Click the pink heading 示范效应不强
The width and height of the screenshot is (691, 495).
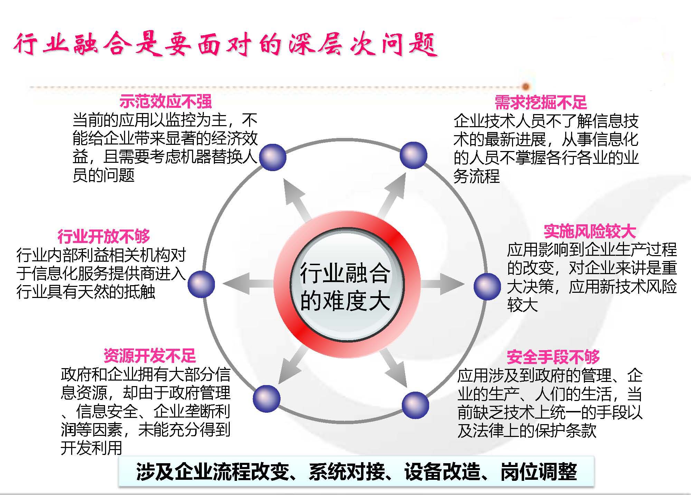(x=165, y=102)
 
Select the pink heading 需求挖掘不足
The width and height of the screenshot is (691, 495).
(x=541, y=102)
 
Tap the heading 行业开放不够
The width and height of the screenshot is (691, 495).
(x=104, y=236)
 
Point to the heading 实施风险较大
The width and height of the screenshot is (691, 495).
(x=590, y=232)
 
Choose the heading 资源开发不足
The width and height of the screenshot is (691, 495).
(x=150, y=355)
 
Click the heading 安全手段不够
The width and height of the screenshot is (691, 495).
(x=553, y=357)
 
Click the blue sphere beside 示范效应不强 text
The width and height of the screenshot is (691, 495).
(x=273, y=157)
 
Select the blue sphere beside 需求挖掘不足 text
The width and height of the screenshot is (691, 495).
(x=414, y=155)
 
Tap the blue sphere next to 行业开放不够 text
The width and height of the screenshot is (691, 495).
(x=201, y=284)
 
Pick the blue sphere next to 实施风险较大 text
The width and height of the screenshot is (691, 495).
(x=487, y=286)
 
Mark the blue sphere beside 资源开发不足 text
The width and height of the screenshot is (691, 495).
(x=267, y=399)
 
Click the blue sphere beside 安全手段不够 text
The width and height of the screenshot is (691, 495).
(x=415, y=405)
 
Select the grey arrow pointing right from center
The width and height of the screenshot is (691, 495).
(x=442, y=284)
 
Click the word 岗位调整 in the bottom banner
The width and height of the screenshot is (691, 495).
(x=539, y=471)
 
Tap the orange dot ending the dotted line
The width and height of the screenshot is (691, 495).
(x=526, y=86)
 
